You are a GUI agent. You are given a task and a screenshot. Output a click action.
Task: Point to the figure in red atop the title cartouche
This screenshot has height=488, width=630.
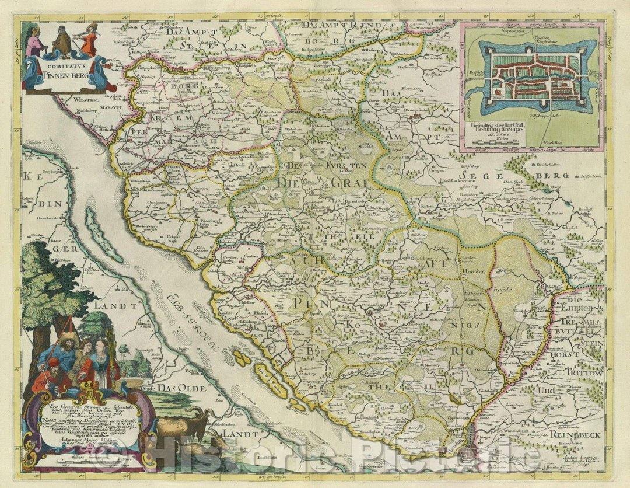pos(89,42)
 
